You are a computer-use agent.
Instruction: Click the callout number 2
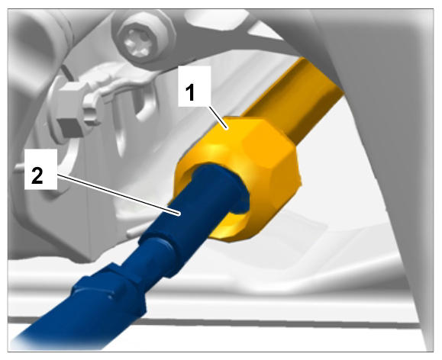point(37,175)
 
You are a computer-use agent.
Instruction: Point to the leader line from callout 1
point(218,117)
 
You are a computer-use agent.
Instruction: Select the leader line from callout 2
point(118,194)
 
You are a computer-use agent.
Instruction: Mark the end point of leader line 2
point(179,215)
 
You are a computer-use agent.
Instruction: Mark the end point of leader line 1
point(227,129)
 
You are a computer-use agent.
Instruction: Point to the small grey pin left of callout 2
point(20,169)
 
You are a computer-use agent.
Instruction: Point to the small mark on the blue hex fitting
point(111,297)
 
